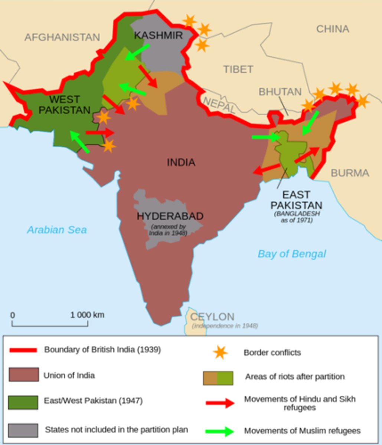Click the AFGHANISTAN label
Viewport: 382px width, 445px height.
coord(62,37)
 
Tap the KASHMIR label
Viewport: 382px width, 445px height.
coord(158,35)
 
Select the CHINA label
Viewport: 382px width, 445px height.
coord(332,29)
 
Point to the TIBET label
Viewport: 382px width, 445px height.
coord(238,69)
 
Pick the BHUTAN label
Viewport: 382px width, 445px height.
coord(280,92)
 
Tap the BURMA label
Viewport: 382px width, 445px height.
coord(350,173)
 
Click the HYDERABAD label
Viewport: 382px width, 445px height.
coord(170,216)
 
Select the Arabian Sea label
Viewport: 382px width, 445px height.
coord(56,230)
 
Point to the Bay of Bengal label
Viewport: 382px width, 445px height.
coord(292,254)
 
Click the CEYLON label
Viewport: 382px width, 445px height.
coord(212,317)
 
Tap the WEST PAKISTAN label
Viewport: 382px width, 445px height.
coord(65,105)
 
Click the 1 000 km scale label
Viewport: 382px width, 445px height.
coord(87,315)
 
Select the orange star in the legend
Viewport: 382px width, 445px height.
coord(220,352)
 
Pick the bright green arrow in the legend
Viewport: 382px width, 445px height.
coord(220,431)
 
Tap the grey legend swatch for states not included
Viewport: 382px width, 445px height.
coord(23,431)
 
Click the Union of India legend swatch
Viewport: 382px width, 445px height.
coord(23,375)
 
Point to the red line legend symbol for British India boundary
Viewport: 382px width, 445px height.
coord(23,350)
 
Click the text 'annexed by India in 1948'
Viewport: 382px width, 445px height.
coord(168,230)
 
